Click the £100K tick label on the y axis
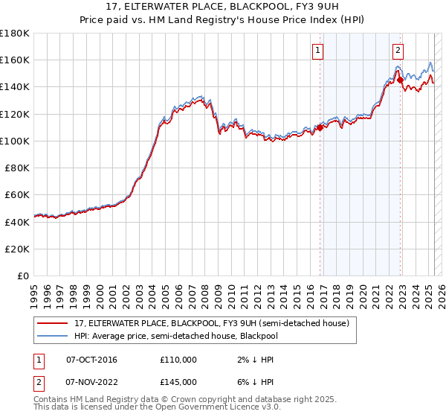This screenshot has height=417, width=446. pos(15,141)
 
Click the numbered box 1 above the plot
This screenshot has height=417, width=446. pos(318,51)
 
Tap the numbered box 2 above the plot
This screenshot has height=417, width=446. pos(398,51)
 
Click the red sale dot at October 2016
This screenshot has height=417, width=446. pos(320,127)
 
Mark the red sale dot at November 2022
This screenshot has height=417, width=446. pos(401,80)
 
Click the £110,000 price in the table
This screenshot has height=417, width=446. pos(178,360)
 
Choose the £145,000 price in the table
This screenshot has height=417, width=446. pos(178,382)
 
